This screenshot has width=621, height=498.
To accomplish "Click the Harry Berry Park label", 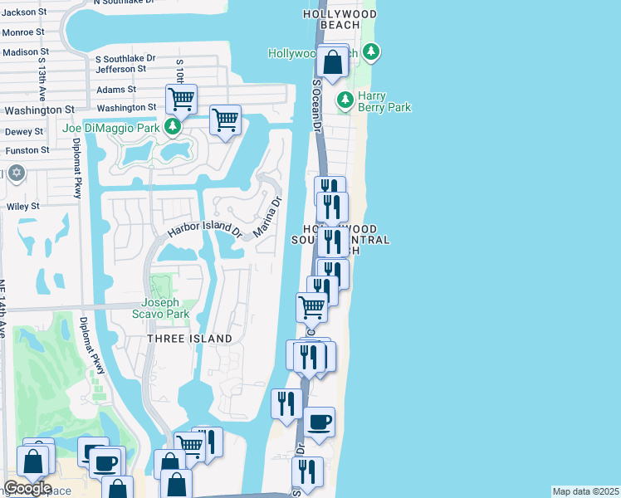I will (x=384, y=100).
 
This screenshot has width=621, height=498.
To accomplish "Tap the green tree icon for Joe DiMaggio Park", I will (x=173, y=127).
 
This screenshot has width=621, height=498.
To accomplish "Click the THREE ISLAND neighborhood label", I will (x=189, y=339).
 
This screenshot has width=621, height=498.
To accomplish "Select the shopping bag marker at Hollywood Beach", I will (x=332, y=62).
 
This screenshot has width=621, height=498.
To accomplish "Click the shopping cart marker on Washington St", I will (x=180, y=100).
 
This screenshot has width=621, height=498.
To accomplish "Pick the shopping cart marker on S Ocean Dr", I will (x=311, y=307).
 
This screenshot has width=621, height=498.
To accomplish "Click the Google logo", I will (x=27, y=488).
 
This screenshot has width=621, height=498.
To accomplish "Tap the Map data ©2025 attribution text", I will (x=586, y=491).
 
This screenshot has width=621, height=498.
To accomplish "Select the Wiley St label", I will (x=23, y=206).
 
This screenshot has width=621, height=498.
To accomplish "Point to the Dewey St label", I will (x=24, y=131).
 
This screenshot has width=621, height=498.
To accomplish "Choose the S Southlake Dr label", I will (x=125, y=59).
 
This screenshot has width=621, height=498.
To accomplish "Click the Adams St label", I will (x=116, y=90).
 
